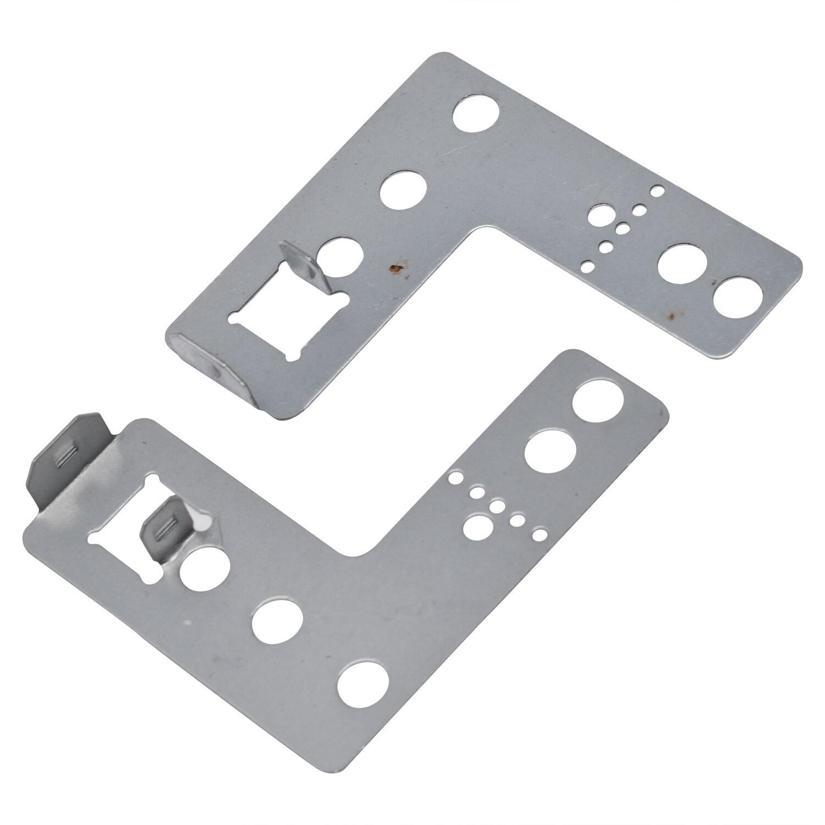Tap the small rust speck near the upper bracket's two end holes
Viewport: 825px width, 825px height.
pyautogui.click(x=670, y=316)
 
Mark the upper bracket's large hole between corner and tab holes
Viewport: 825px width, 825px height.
pyautogui.click(x=403, y=193)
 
